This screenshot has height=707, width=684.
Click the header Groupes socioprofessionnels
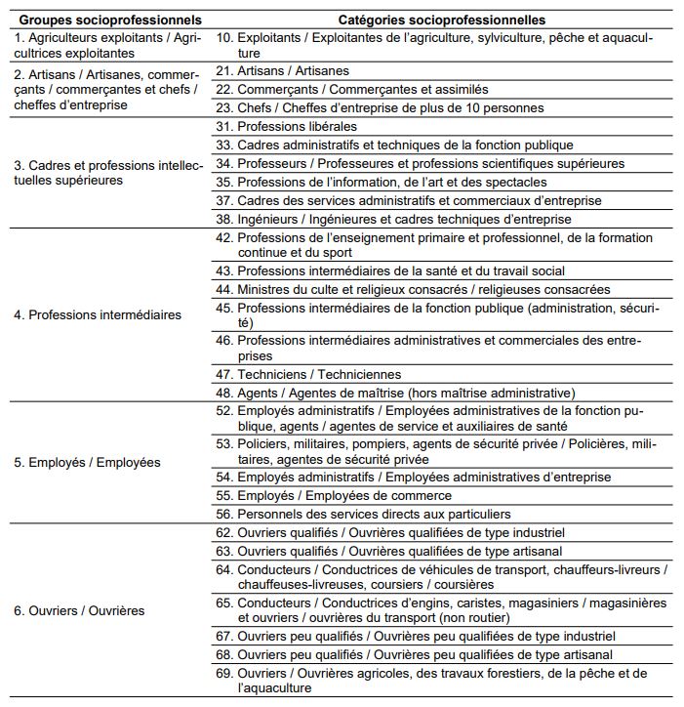pos(110,20)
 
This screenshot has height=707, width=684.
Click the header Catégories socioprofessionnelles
pos(441,20)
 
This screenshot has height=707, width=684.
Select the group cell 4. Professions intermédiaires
pos(98,315)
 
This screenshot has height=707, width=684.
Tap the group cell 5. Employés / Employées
pos(87,462)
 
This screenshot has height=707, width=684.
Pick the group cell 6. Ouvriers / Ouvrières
pos(80,610)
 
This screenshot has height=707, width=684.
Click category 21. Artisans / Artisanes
pos(282,71)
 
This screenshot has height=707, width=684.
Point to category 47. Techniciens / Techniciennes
pos(307,374)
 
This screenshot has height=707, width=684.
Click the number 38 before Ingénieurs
pos(223,220)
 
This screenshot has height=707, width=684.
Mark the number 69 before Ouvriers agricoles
pos(223,674)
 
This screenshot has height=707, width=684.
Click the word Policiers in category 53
pos(265,444)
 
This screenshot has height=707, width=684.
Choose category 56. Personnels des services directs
pos(362,514)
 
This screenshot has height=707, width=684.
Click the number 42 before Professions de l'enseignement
pos(223,238)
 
